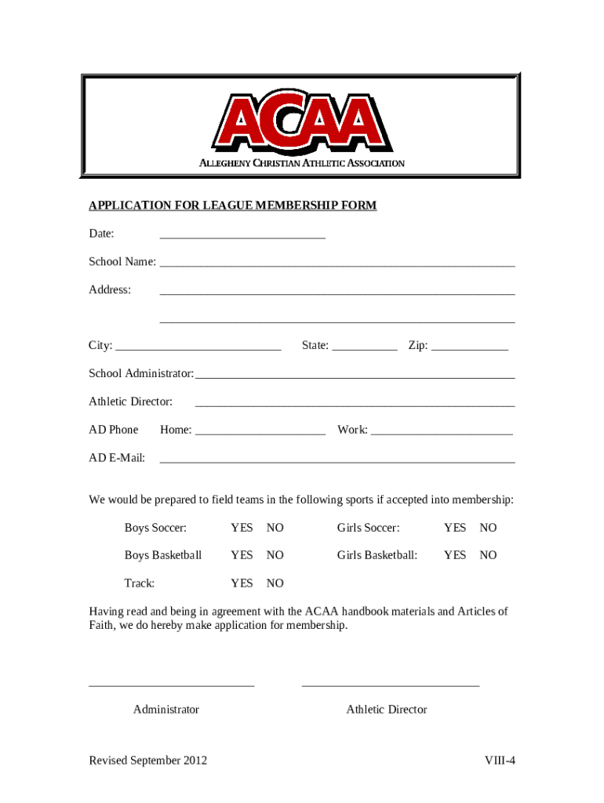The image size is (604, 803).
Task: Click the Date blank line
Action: tap(242, 235)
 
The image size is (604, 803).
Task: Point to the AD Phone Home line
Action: tap(260, 431)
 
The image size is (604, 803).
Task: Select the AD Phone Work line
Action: tap(442, 431)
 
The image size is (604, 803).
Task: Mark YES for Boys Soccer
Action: tap(242, 529)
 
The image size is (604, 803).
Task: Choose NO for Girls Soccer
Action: tap(488, 529)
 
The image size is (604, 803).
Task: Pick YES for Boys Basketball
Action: tap(242, 555)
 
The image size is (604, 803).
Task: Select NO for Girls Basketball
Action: tap(488, 555)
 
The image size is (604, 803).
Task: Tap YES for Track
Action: tap(242, 583)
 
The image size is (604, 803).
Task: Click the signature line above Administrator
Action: tap(172, 685)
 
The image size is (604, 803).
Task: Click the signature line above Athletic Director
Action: tap(390, 685)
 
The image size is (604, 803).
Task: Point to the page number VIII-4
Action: tap(500, 761)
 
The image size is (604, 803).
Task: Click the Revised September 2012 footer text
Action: tap(148, 761)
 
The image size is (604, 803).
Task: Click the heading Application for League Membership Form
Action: tap(232, 205)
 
